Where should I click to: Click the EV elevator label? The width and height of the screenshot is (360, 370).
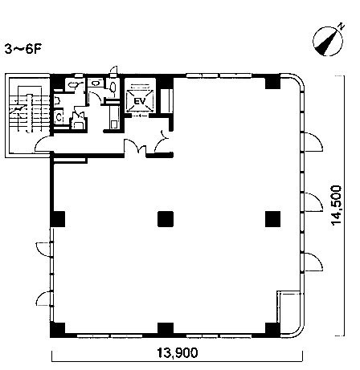(139, 101)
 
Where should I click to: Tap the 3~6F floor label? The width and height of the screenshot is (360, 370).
(23, 50)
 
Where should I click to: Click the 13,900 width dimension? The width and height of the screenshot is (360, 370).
(178, 353)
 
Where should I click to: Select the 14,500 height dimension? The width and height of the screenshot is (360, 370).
(337, 205)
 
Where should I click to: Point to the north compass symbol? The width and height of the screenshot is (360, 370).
(328, 40)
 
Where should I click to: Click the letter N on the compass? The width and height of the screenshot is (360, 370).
(341, 26)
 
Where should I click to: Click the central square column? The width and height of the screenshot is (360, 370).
(166, 219)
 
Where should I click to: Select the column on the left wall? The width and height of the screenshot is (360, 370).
(58, 219)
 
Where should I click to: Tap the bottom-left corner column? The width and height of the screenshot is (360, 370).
(58, 330)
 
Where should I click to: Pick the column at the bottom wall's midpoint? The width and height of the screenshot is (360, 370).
(166, 329)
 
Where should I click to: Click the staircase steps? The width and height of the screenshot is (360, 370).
(30, 108)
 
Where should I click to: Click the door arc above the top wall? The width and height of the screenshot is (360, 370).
(113, 70)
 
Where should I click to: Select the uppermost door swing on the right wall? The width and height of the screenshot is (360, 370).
(313, 142)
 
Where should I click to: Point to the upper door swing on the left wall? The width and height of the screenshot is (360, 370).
(43, 250)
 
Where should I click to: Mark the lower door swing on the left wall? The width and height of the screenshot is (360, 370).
(43, 298)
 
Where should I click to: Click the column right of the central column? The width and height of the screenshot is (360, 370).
(273, 219)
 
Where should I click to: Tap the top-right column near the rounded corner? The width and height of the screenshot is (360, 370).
(272, 81)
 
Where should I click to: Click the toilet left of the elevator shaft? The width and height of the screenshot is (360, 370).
(113, 86)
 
